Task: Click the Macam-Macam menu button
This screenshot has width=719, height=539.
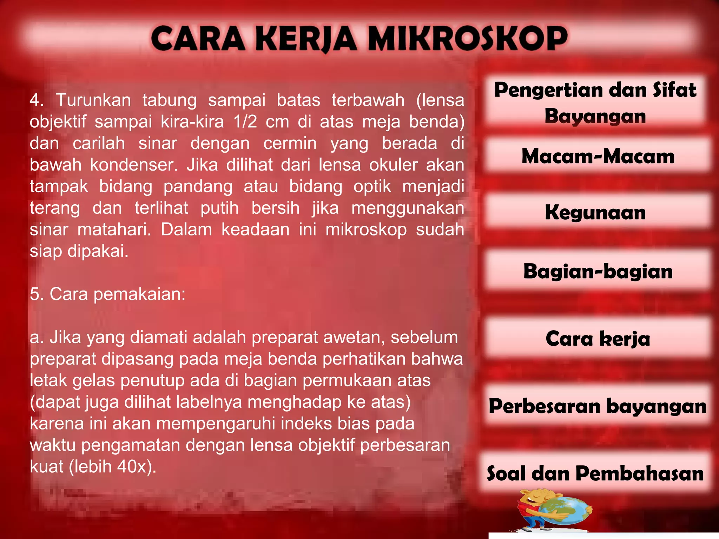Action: coord(598,156)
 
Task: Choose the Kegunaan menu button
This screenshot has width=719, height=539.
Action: coord(595,213)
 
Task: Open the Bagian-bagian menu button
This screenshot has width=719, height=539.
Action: coord(598,271)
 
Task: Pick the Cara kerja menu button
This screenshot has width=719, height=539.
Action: coord(598,339)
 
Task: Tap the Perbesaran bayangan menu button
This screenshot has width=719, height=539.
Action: coord(598,406)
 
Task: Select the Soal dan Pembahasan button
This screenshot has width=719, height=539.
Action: coord(595,473)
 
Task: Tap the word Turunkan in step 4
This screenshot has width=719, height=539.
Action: coord(93,100)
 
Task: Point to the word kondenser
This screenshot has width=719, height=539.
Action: coord(134,165)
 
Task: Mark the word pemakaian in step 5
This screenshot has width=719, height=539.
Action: coord(139,294)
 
